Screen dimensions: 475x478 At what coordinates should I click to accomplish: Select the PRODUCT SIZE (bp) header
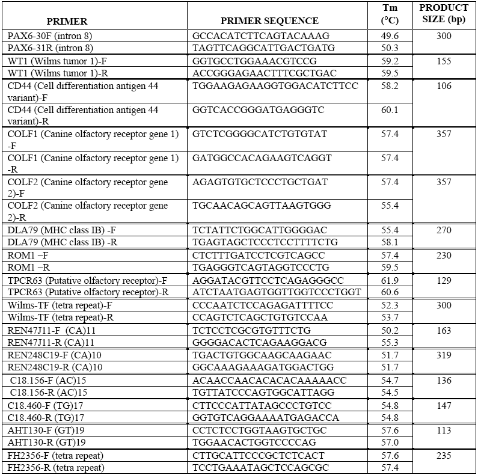444,14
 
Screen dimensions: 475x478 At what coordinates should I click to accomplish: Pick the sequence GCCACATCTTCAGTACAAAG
253,36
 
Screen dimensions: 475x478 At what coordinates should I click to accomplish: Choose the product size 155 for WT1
444,61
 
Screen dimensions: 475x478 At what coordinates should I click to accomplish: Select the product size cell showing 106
444,86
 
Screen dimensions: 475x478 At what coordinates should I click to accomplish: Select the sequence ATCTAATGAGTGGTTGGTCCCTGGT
269,292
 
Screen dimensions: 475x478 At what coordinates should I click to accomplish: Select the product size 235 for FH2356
444,456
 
